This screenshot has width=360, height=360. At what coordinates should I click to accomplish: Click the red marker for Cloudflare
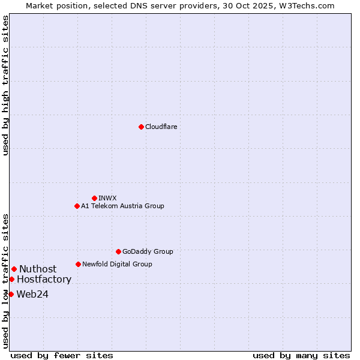(141, 127)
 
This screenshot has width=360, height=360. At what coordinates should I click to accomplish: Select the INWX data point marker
(94, 198)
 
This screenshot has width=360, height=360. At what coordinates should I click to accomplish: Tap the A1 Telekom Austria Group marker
(77, 206)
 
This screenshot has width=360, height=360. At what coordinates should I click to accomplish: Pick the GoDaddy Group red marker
(118, 251)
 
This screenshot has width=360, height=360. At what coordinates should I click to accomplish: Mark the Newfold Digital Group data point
(78, 264)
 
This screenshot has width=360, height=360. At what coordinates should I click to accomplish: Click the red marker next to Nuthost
(14, 269)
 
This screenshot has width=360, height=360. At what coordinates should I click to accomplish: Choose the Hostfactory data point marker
(11, 279)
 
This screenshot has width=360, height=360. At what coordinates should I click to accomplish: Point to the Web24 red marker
(11, 294)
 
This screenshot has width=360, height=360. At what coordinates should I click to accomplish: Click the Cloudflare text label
(161, 127)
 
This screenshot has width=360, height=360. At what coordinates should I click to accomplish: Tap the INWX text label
(107, 198)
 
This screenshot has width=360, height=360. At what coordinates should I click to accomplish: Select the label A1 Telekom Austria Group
(122, 206)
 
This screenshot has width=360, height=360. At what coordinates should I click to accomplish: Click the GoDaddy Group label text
(148, 251)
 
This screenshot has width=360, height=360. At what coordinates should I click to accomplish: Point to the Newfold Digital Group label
(117, 264)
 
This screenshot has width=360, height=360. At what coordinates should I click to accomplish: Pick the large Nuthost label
(38, 269)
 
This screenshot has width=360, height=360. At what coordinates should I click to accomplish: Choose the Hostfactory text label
(44, 279)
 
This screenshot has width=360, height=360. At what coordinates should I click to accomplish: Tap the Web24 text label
(32, 294)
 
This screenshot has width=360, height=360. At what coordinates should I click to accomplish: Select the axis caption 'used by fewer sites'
(62, 355)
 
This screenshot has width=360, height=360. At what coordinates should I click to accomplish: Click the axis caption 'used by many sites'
(301, 355)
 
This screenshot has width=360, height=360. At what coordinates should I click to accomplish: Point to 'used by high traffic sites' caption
(5, 85)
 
